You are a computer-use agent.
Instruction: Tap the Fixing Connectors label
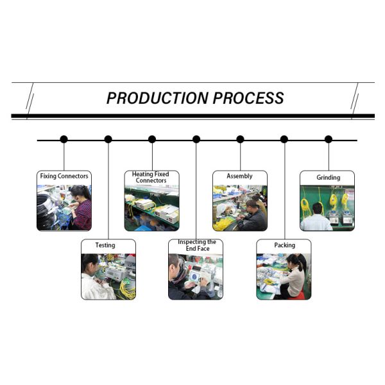tap(64, 176)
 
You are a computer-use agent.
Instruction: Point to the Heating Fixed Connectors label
tap(152, 177)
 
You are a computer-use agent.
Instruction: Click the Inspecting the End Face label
tap(196, 244)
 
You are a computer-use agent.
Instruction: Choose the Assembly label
tap(239, 176)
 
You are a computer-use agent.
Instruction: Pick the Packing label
tap(284, 245)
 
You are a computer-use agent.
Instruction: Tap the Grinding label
tap(328, 177)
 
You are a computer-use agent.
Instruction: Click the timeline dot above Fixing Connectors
tap(64, 139)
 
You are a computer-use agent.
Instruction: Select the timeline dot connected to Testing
tap(108, 139)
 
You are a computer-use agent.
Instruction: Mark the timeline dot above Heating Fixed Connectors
tap(152, 139)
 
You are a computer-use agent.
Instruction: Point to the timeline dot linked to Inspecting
tap(196, 139)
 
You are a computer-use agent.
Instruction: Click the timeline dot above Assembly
tap(240, 139)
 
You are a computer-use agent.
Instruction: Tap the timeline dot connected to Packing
tap(284, 139)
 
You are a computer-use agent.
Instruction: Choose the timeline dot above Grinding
tap(329, 139)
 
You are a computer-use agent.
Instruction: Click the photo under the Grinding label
tap(327, 207)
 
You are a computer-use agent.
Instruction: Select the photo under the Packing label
tap(284, 276)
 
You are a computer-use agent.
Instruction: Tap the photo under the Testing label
tap(108, 276)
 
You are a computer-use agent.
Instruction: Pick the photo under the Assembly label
tap(240, 207)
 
